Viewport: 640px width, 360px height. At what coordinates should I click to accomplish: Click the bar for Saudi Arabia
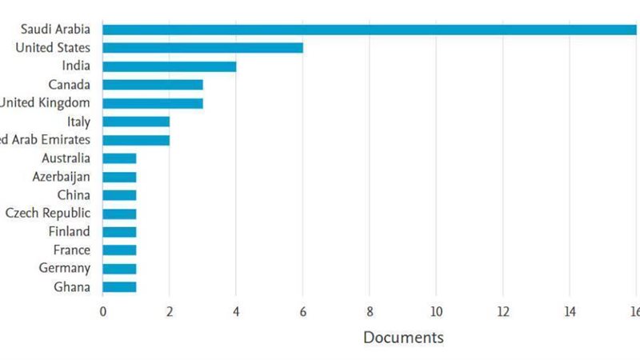368,30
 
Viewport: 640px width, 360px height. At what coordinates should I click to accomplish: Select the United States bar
202,48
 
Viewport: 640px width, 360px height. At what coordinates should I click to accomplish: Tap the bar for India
169,66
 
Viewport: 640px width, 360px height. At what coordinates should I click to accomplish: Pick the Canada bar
152,85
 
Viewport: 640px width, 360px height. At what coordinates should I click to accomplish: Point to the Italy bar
135,122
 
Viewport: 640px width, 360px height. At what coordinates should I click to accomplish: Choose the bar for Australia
119,158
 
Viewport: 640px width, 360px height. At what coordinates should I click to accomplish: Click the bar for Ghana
119,286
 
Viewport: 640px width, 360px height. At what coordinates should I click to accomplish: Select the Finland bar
119,232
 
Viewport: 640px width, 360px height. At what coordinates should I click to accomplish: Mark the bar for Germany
119,269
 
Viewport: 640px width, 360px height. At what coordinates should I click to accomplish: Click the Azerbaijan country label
62,177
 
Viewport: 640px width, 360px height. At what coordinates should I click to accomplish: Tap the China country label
74,195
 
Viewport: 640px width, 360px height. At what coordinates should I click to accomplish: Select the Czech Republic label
48,214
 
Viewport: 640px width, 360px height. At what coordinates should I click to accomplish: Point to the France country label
71,250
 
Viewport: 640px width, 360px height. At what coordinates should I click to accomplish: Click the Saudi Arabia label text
56,30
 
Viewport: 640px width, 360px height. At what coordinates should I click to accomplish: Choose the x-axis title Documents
403,338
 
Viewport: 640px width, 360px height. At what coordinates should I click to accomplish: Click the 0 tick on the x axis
102,310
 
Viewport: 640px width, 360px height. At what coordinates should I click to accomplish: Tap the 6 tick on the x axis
302,310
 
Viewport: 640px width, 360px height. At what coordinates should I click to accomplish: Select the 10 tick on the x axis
436,310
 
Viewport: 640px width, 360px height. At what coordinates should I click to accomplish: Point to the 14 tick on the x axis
570,310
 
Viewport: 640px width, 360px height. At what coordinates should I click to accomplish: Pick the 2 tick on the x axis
169,310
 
